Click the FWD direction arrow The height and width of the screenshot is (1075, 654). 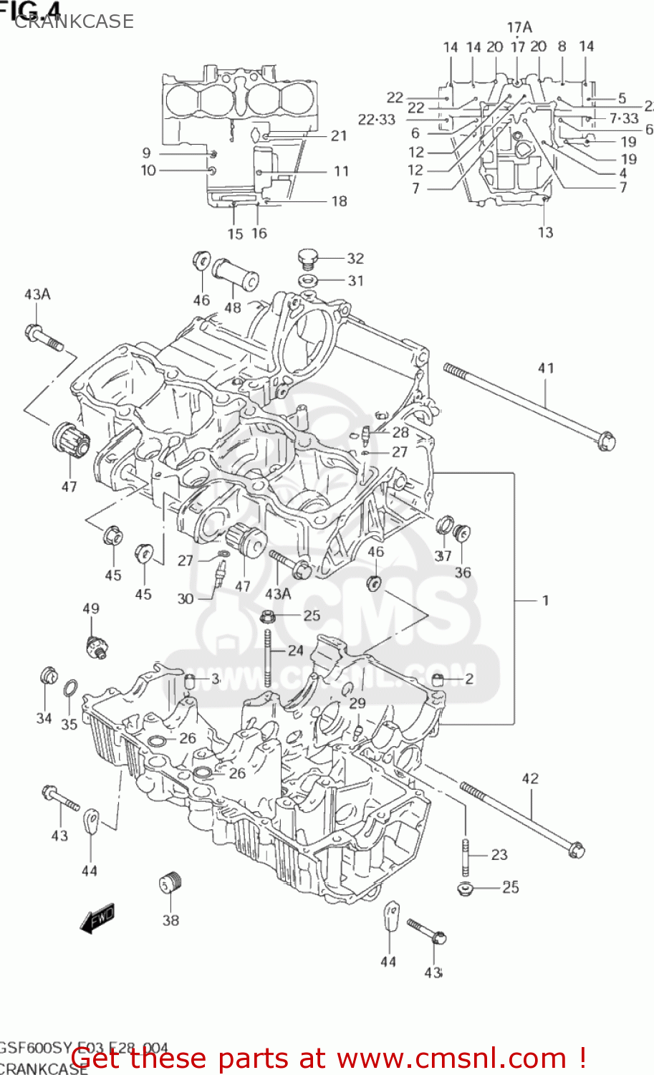(97, 918)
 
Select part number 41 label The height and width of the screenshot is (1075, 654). (546, 368)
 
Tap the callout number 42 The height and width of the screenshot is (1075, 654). (530, 778)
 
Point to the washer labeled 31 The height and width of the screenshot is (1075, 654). (308, 280)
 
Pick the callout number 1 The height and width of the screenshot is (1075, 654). (545, 600)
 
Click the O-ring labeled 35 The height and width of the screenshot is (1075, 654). (70, 689)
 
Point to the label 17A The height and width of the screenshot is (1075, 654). (519, 27)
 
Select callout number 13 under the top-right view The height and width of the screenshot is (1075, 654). (545, 232)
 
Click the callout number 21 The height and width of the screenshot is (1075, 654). (339, 135)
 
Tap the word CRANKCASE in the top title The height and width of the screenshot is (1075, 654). (74, 21)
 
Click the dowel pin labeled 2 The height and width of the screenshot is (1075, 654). (438, 679)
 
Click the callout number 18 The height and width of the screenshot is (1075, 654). (339, 201)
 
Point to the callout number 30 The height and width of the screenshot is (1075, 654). (185, 598)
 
